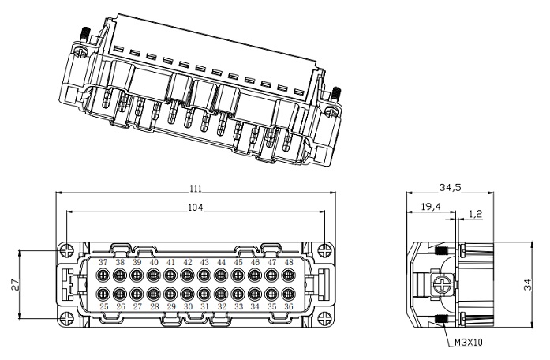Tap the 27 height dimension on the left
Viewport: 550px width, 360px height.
(x=15, y=285)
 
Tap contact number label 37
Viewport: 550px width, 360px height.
(x=103, y=262)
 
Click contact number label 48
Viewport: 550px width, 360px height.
(x=289, y=262)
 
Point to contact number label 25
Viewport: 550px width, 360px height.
(x=103, y=306)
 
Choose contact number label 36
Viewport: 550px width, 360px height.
(x=289, y=306)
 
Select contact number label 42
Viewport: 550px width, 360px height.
(x=188, y=262)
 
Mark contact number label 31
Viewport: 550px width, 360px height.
(x=204, y=306)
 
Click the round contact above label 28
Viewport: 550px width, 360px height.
(x=154, y=294)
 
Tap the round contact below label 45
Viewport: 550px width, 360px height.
(x=238, y=276)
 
